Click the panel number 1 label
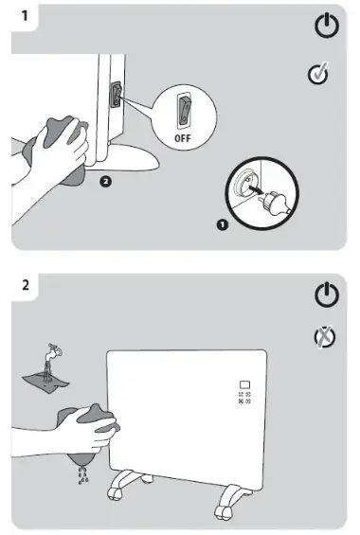25,15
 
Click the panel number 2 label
26,285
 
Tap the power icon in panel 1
327,26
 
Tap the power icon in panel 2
327,294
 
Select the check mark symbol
318,73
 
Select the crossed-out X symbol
325,337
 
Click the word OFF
183,138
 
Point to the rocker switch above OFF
183,110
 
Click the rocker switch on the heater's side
116,95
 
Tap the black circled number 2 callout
106,182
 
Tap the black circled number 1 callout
222,224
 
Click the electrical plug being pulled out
276,202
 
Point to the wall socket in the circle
243,185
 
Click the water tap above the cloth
54,351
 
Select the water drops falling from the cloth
83,475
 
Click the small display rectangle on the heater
245,384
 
